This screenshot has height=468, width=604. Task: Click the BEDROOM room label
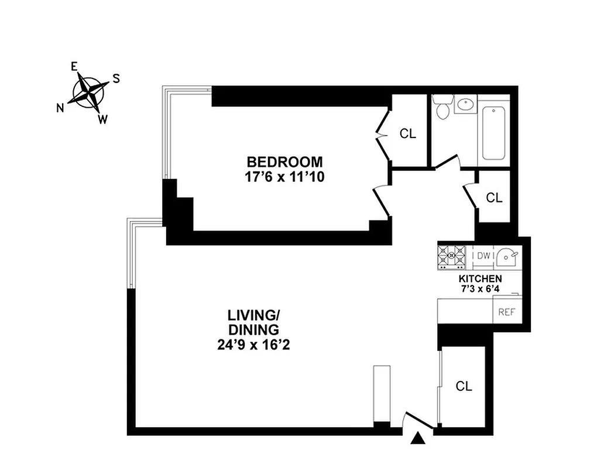pos(284,161)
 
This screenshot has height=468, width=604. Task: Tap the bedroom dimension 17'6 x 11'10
pos(284,176)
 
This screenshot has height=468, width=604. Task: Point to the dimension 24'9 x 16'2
pos(253,345)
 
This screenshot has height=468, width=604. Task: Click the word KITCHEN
pos(480,278)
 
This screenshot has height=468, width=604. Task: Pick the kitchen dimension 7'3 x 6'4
pos(480,288)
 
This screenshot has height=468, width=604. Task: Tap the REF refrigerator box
pos(506,312)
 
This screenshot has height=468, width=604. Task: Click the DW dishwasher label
pos(483,256)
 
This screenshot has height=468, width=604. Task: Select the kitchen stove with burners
pos(452,255)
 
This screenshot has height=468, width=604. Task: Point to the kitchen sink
pos(507,256)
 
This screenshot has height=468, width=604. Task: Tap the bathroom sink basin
pos(466,105)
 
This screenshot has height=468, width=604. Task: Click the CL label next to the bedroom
pos(408,133)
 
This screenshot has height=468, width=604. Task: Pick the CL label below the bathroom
pos(495,198)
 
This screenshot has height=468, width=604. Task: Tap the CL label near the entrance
pos(464,386)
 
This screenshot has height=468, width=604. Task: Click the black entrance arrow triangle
pos(418,438)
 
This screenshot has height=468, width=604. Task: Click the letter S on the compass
pos(116,78)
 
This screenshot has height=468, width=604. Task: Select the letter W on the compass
pos(102,120)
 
